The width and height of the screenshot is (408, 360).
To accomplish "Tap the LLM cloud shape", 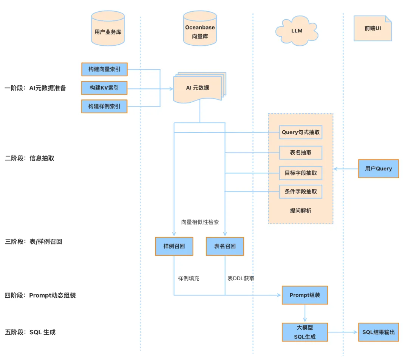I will [x=297, y=30].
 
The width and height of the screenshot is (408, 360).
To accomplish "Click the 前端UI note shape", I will [x=372, y=28].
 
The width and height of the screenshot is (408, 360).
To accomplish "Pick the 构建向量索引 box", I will [x=104, y=70].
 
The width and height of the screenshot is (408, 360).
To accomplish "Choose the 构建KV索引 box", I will [x=104, y=88].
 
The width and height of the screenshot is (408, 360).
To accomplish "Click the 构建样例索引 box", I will [x=104, y=106].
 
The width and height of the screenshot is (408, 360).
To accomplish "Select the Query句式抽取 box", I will [x=301, y=132].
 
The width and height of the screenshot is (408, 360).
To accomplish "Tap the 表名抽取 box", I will [x=301, y=152].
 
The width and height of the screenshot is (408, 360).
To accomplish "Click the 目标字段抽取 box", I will [x=301, y=173].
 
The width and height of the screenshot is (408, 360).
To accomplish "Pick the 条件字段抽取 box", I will [x=301, y=192].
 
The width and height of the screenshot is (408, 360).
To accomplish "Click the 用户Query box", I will [x=378, y=168].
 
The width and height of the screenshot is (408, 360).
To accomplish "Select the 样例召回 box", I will [x=174, y=246].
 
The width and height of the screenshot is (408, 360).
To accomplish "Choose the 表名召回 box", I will [x=225, y=246].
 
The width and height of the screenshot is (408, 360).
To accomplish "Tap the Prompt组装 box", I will [x=304, y=295].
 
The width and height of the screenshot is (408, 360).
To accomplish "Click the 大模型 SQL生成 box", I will [x=304, y=332].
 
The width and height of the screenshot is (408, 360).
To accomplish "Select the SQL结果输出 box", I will [x=378, y=332].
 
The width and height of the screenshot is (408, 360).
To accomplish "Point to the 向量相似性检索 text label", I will [x=200, y=222].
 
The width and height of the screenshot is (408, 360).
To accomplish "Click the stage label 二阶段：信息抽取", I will [x=29, y=158].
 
